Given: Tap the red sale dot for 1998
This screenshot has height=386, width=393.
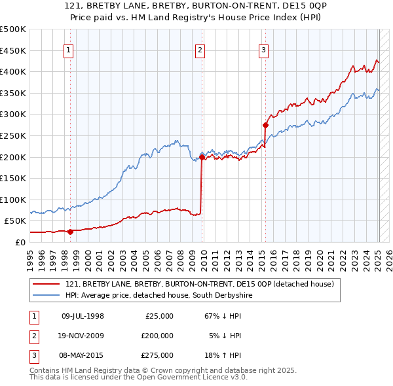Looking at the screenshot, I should [x=70, y=231].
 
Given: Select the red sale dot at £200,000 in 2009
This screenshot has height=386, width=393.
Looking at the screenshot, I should [x=202, y=157].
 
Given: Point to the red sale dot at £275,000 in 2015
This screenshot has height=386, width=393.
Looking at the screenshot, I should [x=265, y=125].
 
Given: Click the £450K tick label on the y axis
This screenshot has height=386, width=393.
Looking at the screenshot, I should [x=13, y=50].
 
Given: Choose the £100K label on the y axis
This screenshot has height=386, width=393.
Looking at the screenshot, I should [x=13, y=200].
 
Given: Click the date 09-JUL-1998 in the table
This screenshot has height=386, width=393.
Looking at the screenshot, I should [x=83, y=316].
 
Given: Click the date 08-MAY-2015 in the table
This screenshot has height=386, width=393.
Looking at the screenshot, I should [x=83, y=355].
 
